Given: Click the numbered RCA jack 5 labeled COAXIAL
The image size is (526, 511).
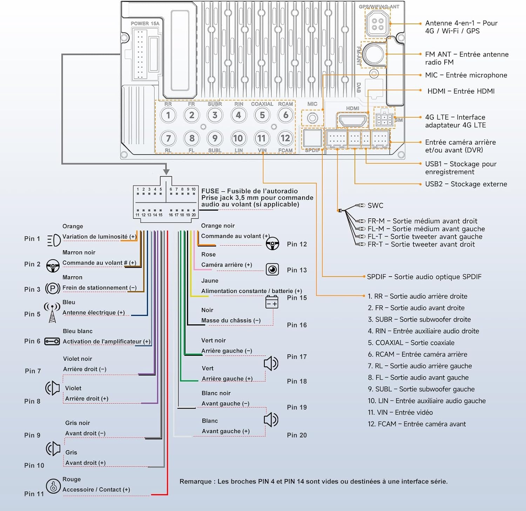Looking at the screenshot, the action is tap(262, 115).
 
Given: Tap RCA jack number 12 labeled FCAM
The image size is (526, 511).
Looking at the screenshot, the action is tap(285, 138).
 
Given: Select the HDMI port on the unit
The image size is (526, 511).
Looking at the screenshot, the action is tap(352, 120).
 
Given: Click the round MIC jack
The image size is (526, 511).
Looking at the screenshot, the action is tap(312, 118).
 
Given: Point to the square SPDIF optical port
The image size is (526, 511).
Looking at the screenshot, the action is tap(312, 138).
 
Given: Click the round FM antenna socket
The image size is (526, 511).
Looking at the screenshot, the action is tap(374, 54).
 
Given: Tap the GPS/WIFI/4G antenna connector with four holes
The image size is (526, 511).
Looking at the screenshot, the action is tap(377, 24).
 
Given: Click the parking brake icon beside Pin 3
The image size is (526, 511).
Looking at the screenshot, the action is tap(53, 289).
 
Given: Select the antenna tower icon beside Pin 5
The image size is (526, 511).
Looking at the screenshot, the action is tap(52, 312).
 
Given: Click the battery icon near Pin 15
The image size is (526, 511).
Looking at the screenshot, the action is tap(272, 302).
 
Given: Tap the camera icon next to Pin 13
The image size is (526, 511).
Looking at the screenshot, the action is tap(272, 270).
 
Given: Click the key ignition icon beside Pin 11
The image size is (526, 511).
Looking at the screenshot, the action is tap(53, 486).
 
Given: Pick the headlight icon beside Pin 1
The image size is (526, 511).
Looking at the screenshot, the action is tap(54, 240).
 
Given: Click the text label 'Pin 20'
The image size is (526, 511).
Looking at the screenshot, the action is tap(297, 435).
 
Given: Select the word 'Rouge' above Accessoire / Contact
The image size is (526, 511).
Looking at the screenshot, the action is tap(72, 479).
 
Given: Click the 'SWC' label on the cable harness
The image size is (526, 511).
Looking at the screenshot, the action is tap(375, 206).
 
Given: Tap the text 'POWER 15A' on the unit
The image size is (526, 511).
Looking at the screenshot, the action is tap(145, 24).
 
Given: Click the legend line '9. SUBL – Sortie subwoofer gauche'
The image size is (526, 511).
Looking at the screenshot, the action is tap(421, 389).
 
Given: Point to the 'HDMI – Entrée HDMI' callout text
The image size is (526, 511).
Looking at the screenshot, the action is tap(461, 91).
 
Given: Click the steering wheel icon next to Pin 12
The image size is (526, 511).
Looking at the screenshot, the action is tap(272, 243).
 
